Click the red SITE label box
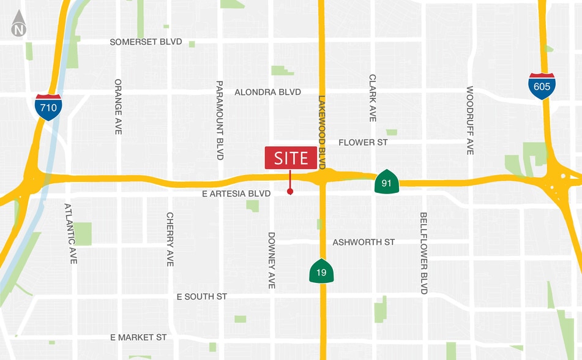pos(291,158)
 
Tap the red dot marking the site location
pos(290,192)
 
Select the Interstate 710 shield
pos(48,107)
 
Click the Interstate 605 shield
pos(542,86)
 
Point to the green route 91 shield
pos(387,182)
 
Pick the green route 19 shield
pos(322,271)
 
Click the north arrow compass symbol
pos(20,24)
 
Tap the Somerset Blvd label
pos(146,42)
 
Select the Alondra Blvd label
pos(268,92)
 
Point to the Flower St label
pos(364,143)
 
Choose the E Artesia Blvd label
pos(236,193)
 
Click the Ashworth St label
pos(364,242)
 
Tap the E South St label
pos(201,296)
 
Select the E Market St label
pos(138,337)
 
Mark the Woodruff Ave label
pos(470,120)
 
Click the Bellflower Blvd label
pos(423,253)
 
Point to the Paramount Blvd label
pos(220,120)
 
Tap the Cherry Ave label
pos(170,239)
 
